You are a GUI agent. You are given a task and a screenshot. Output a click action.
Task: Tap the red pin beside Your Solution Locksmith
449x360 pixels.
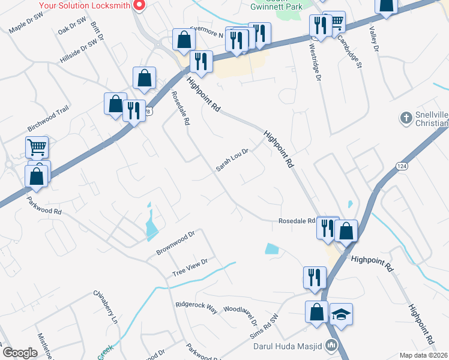tap(139, 5)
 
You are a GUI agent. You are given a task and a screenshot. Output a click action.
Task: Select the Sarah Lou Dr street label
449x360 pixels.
tap(232, 160)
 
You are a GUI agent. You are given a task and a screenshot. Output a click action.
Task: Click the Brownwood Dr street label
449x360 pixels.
tap(176, 242)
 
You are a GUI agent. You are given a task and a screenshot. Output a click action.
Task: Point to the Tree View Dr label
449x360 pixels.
tap(190, 267)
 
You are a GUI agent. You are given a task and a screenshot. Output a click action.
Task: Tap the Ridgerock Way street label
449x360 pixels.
tap(196, 305)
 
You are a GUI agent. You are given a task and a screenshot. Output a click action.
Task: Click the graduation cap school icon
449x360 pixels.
tap(341, 314)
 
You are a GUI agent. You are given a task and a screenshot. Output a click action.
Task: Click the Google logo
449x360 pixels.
tap(19, 352)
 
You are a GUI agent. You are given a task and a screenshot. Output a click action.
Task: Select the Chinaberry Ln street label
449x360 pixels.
tap(105, 307)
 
